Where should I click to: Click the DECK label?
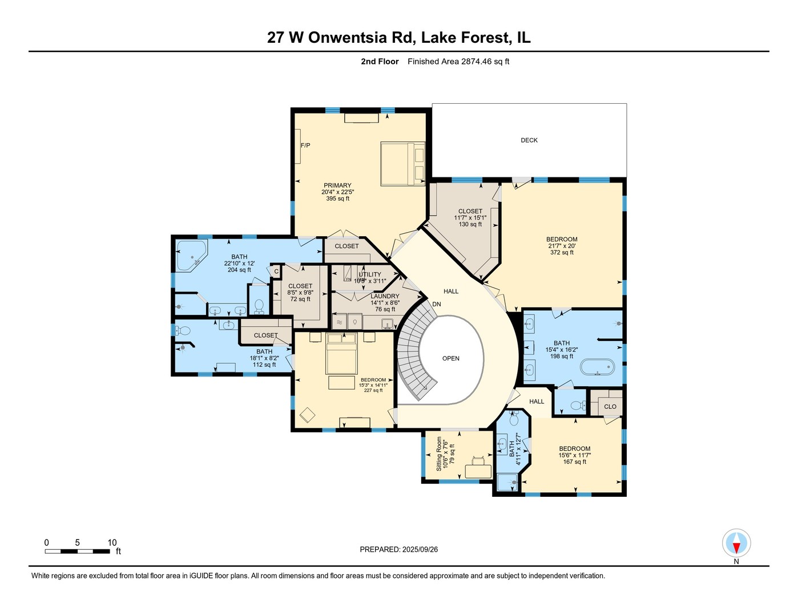529,140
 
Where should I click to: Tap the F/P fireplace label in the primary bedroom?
305,145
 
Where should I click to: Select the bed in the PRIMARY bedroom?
403,164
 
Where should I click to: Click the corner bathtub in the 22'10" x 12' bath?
191,255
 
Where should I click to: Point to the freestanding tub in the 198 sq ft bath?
598,367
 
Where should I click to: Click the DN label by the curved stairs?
436,305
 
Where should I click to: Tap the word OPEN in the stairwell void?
450,359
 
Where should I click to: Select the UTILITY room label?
370,274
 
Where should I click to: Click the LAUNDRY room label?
385,297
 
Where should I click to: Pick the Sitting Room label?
439,453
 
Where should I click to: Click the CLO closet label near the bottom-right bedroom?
610,407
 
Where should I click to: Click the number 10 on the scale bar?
112,543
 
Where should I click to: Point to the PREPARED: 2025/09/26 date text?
398,550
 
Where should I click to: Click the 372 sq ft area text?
562,253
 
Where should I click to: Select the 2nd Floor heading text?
380,62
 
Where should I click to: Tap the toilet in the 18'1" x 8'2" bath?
183,331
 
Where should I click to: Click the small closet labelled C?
276,271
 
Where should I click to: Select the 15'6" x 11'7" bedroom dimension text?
574,455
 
